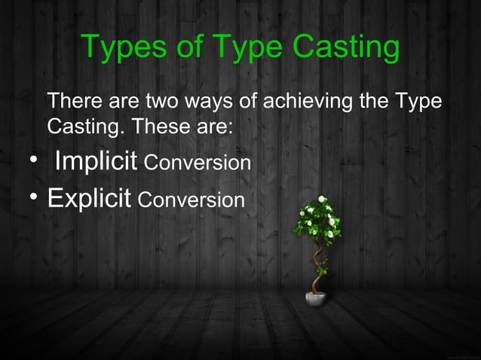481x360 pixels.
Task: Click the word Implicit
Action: point(96,162)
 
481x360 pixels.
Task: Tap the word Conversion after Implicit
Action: point(197,163)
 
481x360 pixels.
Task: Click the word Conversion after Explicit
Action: point(191,201)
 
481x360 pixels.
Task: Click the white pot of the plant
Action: point(314,299)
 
